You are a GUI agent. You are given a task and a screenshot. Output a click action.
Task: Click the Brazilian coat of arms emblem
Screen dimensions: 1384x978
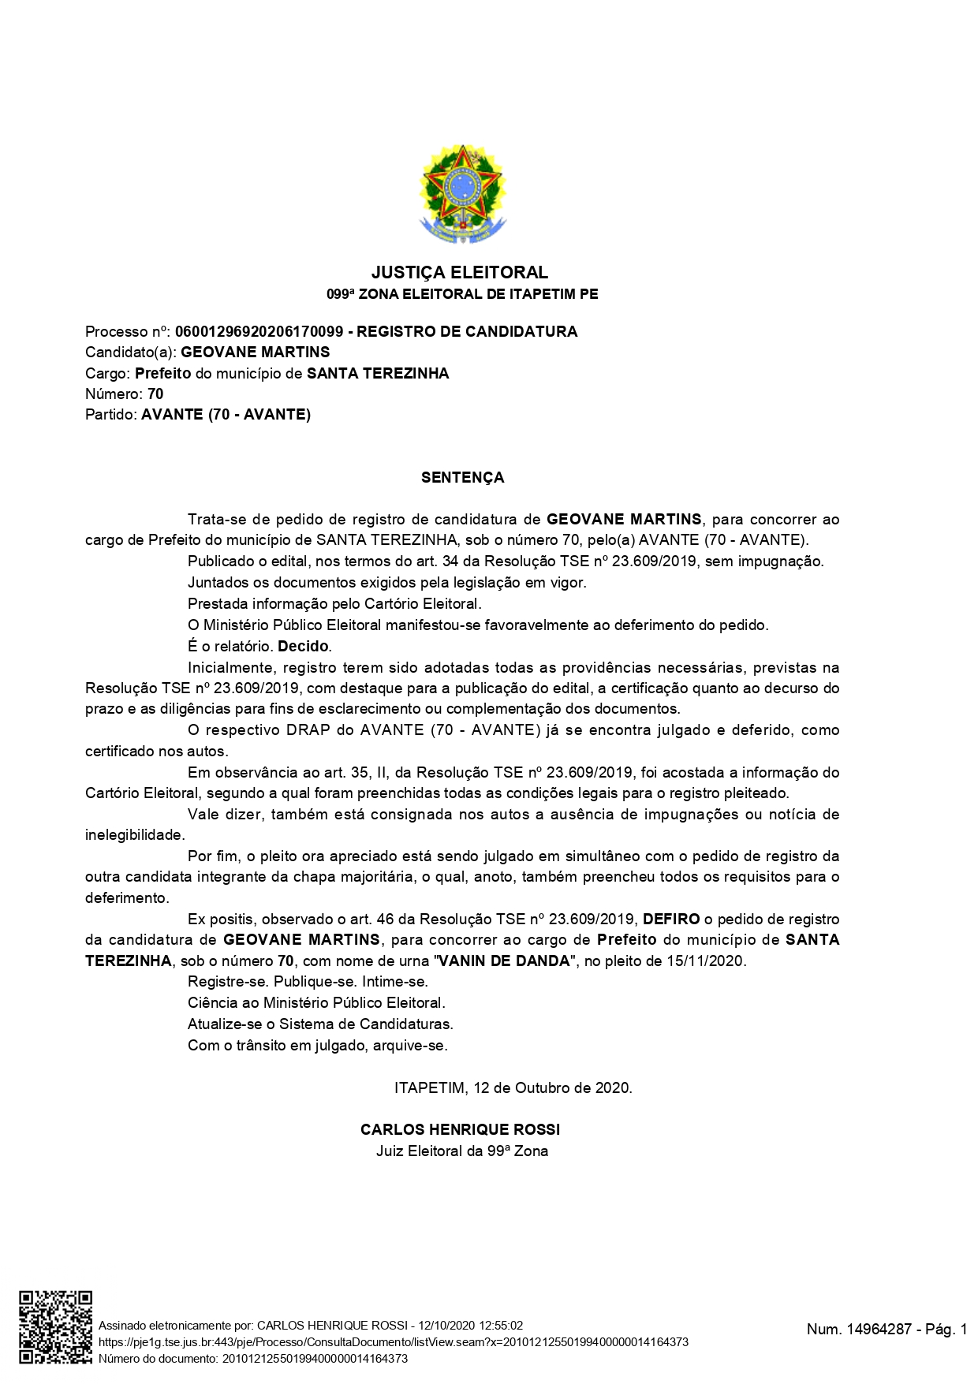tap(462, 194)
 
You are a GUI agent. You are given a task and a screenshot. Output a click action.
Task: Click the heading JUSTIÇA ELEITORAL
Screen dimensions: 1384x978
tap(460, 273)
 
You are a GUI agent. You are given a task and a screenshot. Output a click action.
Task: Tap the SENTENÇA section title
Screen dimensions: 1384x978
tap(462, 478)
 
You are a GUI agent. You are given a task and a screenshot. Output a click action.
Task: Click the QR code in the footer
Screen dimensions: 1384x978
tap(55, 1327)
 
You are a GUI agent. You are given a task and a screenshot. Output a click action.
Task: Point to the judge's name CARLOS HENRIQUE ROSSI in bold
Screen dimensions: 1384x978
tap(461, 1129)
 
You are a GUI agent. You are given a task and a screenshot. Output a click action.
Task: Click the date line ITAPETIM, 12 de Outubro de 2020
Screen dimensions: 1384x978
tap(513, 1088)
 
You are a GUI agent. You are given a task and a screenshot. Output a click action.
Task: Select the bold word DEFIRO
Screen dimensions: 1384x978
tap(671, 920)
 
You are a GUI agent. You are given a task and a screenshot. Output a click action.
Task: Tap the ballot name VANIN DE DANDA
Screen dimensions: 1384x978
tap(503, 961)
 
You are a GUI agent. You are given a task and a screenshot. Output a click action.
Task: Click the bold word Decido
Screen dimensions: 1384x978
tap(303, 647)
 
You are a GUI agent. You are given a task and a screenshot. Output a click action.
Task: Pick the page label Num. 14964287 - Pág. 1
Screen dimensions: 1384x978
tap(887, 1330)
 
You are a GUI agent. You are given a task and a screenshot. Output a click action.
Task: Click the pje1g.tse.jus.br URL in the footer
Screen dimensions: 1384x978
tap(393, 1342)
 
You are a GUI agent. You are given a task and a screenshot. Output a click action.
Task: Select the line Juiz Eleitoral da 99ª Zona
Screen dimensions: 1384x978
tap(462, 1151)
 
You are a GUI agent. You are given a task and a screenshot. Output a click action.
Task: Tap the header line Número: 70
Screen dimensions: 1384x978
tap(125, 394)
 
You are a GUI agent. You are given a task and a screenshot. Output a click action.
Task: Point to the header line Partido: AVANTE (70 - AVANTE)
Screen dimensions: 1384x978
tap(198, 415)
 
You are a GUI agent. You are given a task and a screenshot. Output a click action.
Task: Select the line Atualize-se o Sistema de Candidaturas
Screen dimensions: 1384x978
tap(320, 1024)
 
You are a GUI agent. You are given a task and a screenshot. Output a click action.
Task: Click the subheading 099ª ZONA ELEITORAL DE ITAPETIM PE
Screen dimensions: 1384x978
tap(462, 295)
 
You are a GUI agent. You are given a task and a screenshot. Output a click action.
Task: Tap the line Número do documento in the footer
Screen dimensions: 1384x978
tap(252, 1359)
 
